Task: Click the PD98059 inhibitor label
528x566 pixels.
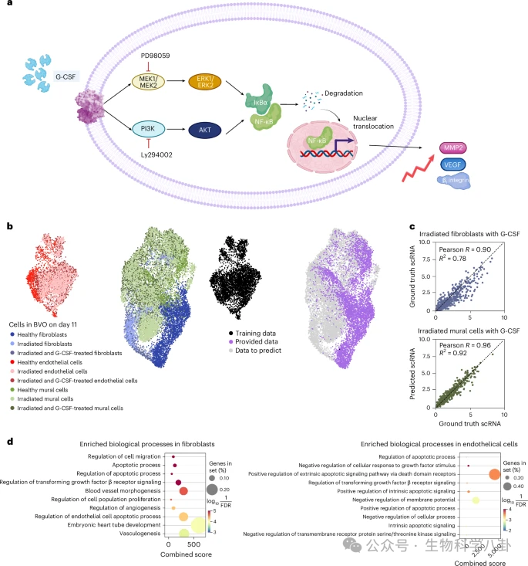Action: coord(160,57)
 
